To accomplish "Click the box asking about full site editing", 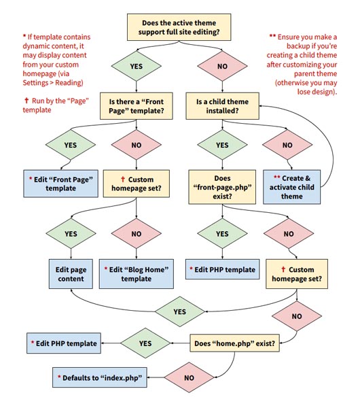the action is coord(179,27).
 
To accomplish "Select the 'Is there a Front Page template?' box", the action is coord(137,106).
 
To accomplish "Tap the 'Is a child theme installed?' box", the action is coord(222,106).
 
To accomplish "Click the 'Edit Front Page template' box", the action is coord(60,184).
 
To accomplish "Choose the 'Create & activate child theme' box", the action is coord(291,187).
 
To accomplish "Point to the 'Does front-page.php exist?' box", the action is coord(222,187).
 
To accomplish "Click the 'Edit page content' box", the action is coord(71,274).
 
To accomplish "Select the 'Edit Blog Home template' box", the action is coord(137,274).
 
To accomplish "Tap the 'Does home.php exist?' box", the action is coord(235,343).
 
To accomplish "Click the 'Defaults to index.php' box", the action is coord(100,377).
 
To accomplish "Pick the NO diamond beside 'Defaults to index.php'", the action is coord(189,377).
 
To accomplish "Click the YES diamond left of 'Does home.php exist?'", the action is coord(145,343).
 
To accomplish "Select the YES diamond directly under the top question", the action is coord(137,66).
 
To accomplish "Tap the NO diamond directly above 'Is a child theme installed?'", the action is coord(222,66).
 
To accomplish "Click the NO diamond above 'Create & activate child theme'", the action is coord(287,145).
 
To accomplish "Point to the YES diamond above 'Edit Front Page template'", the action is coord(71,145).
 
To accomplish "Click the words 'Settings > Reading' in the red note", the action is coord(52,83).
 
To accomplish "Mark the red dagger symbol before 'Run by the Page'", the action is coord(26,100).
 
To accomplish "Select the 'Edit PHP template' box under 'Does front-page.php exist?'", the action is coord(222,269).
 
